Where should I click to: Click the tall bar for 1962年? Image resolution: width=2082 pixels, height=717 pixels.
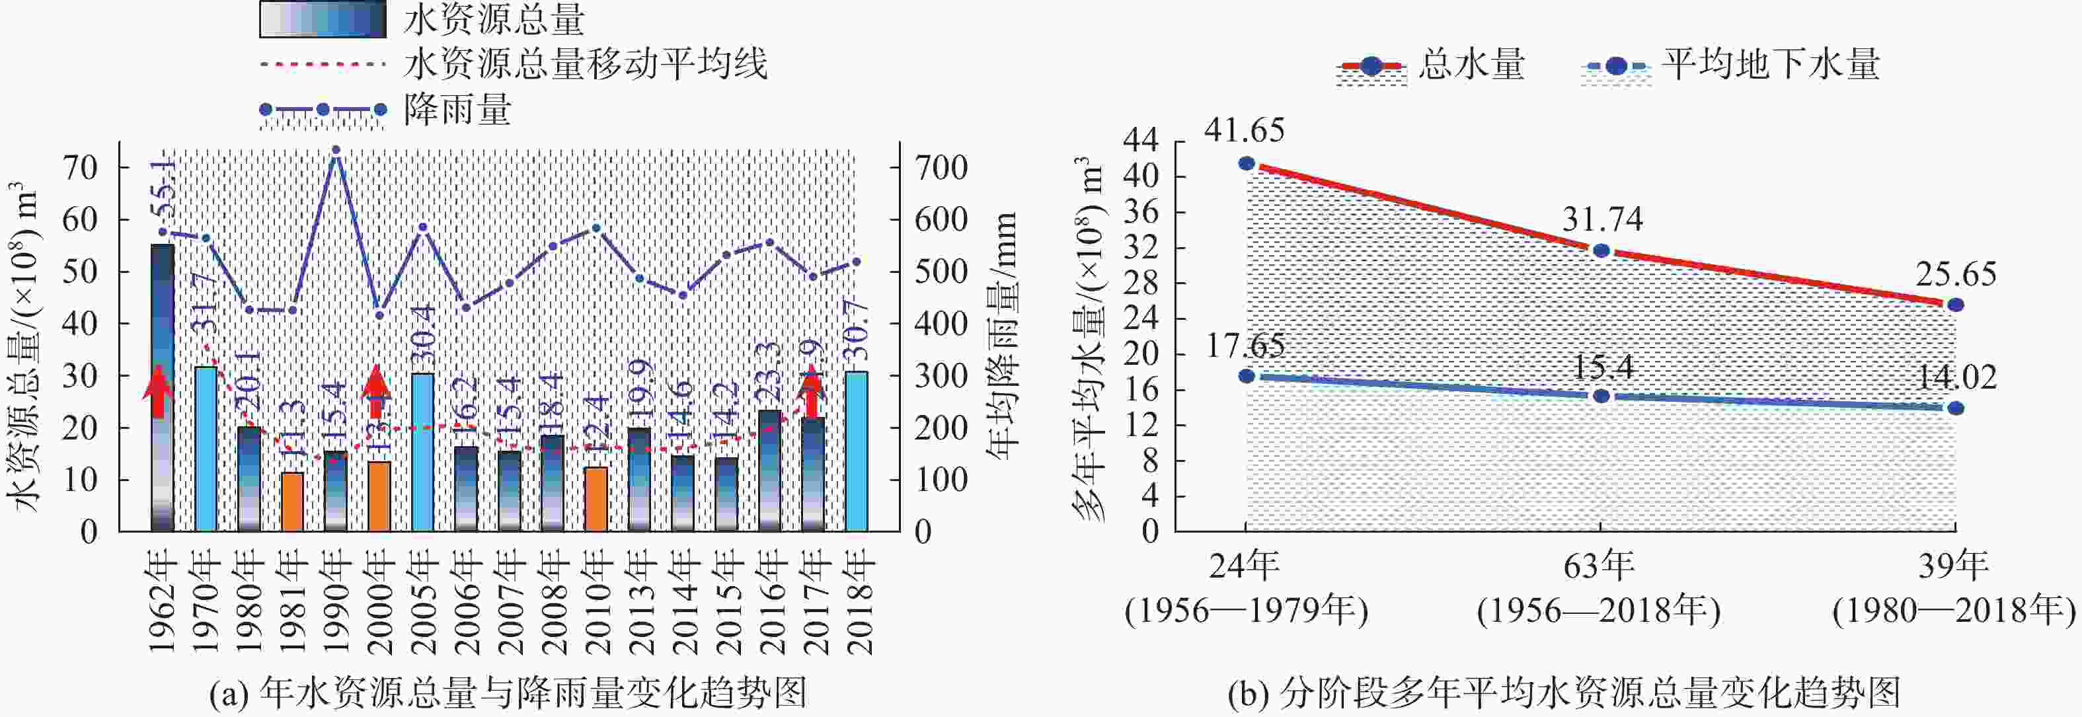tap(163, 387)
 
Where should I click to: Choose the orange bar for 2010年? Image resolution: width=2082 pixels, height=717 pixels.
tap(596, 499)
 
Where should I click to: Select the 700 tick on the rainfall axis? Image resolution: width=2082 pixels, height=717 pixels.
tap(941, 168)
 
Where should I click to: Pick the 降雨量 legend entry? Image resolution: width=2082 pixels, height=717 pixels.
tap(457, 109)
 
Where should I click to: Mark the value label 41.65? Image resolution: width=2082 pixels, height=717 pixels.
tap(1244, 130)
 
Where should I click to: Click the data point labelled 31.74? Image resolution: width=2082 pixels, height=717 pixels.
tap(1600, 250)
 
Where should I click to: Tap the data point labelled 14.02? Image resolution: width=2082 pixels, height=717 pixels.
tap(1954, 408)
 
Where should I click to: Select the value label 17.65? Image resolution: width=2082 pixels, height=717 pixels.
tap(1245, 346)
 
